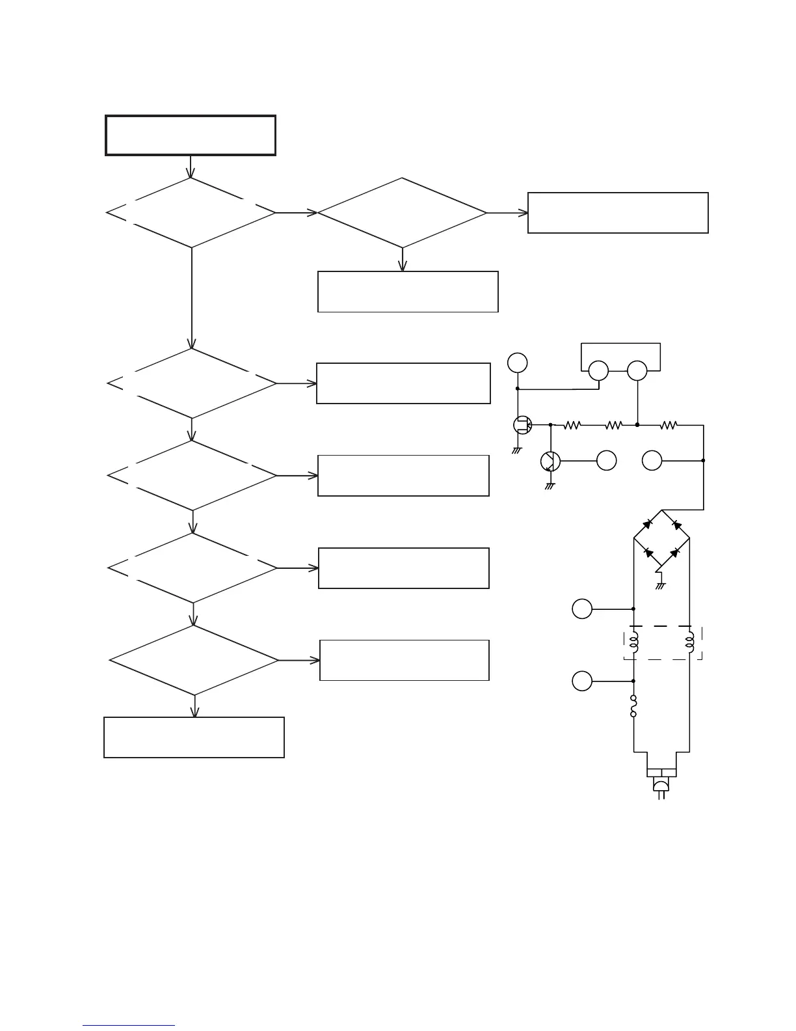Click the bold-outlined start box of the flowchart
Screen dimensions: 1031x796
pyautogui.click(x=191, y=135)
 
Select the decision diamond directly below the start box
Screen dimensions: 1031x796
pyautogui.click(x=191, y=213)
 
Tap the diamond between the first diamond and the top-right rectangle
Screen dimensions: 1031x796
pyautogui.click(x=402, y=213)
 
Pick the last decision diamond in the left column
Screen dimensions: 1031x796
pyautogui.click(x=194, y=661)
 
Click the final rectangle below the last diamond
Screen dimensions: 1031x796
pyautogui.click(x=194, y=737)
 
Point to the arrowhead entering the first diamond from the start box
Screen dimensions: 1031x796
pyautogui.click(x=191, y=173)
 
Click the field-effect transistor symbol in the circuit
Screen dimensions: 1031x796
pyautogui.click(x=522, y=426)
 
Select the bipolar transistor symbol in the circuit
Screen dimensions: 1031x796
pyautogui.click(x=550, y=461)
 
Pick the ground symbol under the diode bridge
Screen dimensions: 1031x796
pyautogui.click(x=661, y=585)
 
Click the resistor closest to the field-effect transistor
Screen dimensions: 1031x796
pyautogui.click(x=572, y=426)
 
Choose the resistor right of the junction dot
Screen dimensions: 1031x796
pyautogui.click(x=669, y=426)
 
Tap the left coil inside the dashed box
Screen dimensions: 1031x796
pyautogui.click(x=634, y=642)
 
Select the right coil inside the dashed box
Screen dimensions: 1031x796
pyautogui.click(x=690, y=642)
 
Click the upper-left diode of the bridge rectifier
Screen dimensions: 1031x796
pyautogui.click(x=648, y=524)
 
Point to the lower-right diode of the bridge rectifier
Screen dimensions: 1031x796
pyautogui.click(x=675, y=553)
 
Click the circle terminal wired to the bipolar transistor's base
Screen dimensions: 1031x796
pyautogui.click(x=606, y=461)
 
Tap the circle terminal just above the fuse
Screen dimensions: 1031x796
pyautogui.click(x=582, y=681)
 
